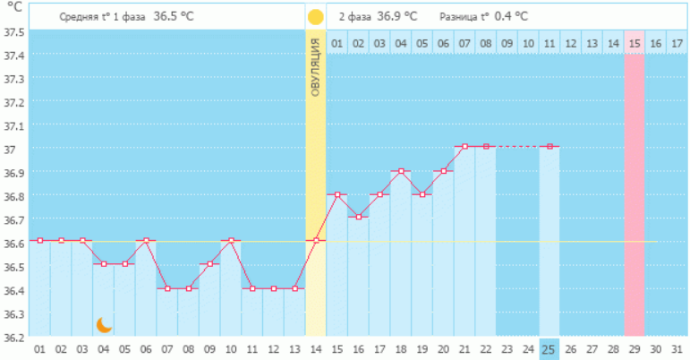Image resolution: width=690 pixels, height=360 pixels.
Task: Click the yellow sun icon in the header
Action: tap(315, 17)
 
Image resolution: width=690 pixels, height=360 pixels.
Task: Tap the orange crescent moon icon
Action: tap(104, 325)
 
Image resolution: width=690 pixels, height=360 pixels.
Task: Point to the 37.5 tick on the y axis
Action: tap(13, 31)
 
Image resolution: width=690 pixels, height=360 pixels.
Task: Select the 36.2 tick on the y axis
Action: tap(13, 338)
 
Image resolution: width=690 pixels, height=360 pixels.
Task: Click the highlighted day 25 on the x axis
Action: tap(549, 348)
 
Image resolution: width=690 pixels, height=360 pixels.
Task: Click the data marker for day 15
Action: tap(336, 193)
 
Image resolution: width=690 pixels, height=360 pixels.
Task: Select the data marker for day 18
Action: tap(400, 170)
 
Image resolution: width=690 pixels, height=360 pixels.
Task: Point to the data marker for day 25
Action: tap(549, 146)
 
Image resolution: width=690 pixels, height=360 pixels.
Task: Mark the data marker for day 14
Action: tap(316, 240)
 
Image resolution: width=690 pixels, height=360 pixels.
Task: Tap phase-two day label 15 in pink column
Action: tap(634, 43)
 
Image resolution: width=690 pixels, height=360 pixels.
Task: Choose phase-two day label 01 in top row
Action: tap(336, 43)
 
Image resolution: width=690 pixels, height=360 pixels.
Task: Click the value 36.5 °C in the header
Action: tap(172, 16)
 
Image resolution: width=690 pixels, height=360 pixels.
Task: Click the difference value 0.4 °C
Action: tap(511, 16)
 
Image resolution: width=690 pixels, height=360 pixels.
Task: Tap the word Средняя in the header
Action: tap(77, 17)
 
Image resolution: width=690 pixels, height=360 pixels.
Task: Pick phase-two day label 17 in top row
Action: tap(677, 43)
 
